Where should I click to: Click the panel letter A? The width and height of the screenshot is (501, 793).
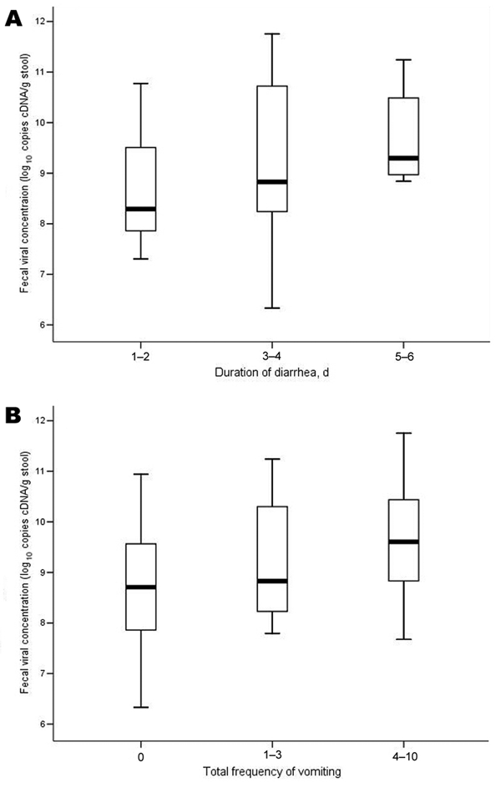click(14, 18)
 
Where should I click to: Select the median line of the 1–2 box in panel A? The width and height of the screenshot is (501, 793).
click(140, 208)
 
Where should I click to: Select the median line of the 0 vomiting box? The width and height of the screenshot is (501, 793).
click(140, 587)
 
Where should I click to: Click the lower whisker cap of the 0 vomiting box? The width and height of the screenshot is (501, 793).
click(140, 707)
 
